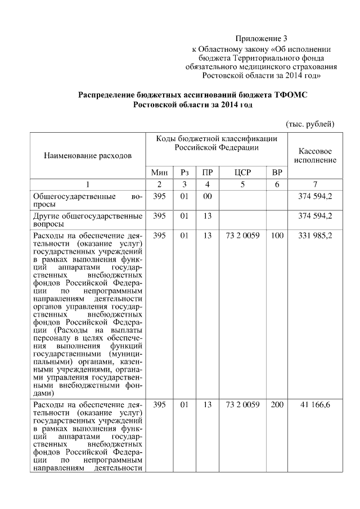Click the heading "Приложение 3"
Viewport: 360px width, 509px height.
(261, 39)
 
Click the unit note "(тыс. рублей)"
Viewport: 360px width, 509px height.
(310, 123)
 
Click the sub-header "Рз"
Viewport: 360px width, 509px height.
(184, 172)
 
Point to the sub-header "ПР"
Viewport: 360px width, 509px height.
(207, 172)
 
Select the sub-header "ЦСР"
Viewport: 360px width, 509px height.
(242, 172)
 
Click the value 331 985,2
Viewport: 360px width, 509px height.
(315, 236)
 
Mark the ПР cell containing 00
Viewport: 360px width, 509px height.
(207, 197)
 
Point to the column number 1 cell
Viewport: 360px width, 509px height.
(87, 184)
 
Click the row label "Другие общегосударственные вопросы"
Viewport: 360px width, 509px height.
(87, 220)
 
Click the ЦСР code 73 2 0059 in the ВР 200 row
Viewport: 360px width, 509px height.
(242, 406)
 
